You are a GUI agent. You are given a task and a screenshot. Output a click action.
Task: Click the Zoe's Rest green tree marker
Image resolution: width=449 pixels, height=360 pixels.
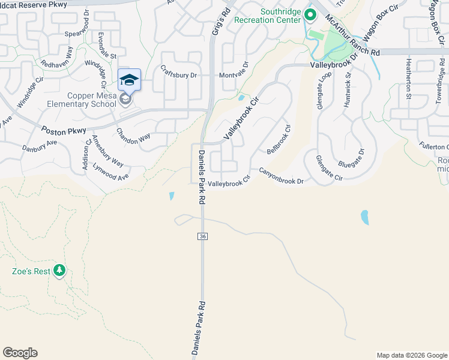pos(59,271)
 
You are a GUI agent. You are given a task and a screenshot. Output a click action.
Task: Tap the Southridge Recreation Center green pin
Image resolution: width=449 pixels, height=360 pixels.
pos(310,13)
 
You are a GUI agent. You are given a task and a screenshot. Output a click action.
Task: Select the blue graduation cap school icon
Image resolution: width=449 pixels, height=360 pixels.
pos(129,80)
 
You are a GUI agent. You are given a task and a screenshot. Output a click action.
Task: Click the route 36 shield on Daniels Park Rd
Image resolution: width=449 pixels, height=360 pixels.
pos(202,237)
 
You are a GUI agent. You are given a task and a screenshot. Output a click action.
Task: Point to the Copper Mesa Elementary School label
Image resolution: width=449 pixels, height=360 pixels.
pos(83,100)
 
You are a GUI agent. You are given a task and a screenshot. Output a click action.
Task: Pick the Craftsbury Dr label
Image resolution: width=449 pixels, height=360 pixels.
pos(179,75)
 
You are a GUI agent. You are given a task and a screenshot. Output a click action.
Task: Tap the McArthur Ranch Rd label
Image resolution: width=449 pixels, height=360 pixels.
pos(353,36)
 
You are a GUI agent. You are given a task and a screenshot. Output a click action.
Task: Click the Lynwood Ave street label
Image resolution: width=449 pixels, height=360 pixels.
pos(112,173)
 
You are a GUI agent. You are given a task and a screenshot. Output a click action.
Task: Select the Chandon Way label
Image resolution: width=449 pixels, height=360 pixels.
pos(133,139)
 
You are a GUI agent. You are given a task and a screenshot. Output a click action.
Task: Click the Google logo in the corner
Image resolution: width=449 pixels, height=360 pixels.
pos(20,353)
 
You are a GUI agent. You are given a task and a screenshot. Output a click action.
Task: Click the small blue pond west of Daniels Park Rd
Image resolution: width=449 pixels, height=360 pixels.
pos(172,196)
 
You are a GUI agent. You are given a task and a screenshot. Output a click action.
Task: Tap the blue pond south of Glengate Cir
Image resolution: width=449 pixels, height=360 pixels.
pos(364,217)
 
